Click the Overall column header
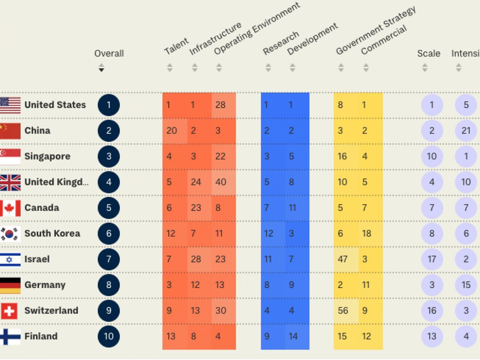(x=109, y=54)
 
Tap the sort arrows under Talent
(x=169, y=68)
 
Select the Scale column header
(x=429, y=54)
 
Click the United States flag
(x=10, y=105)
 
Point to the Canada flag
(x=10, y=208)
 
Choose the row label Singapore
(x=47, y=156)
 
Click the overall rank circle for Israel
(x=109, y=259)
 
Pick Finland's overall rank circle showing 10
(x=109, y=336)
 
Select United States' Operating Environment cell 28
(x=220, y=105)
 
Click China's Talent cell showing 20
(x=172, y=130)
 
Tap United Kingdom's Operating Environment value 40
(x=221, y=182)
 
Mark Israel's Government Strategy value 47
(x=342, y=259)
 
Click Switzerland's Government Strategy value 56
(x=343, y=310)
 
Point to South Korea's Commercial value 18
(x=366, y=234)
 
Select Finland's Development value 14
(x=293, y=336)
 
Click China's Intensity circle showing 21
(x=466, y=130)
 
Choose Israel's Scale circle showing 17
(x=432, y=259)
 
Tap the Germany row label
(x=45, y=285)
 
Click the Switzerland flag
(x=9, y=310)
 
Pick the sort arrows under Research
(x=268, y=68)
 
